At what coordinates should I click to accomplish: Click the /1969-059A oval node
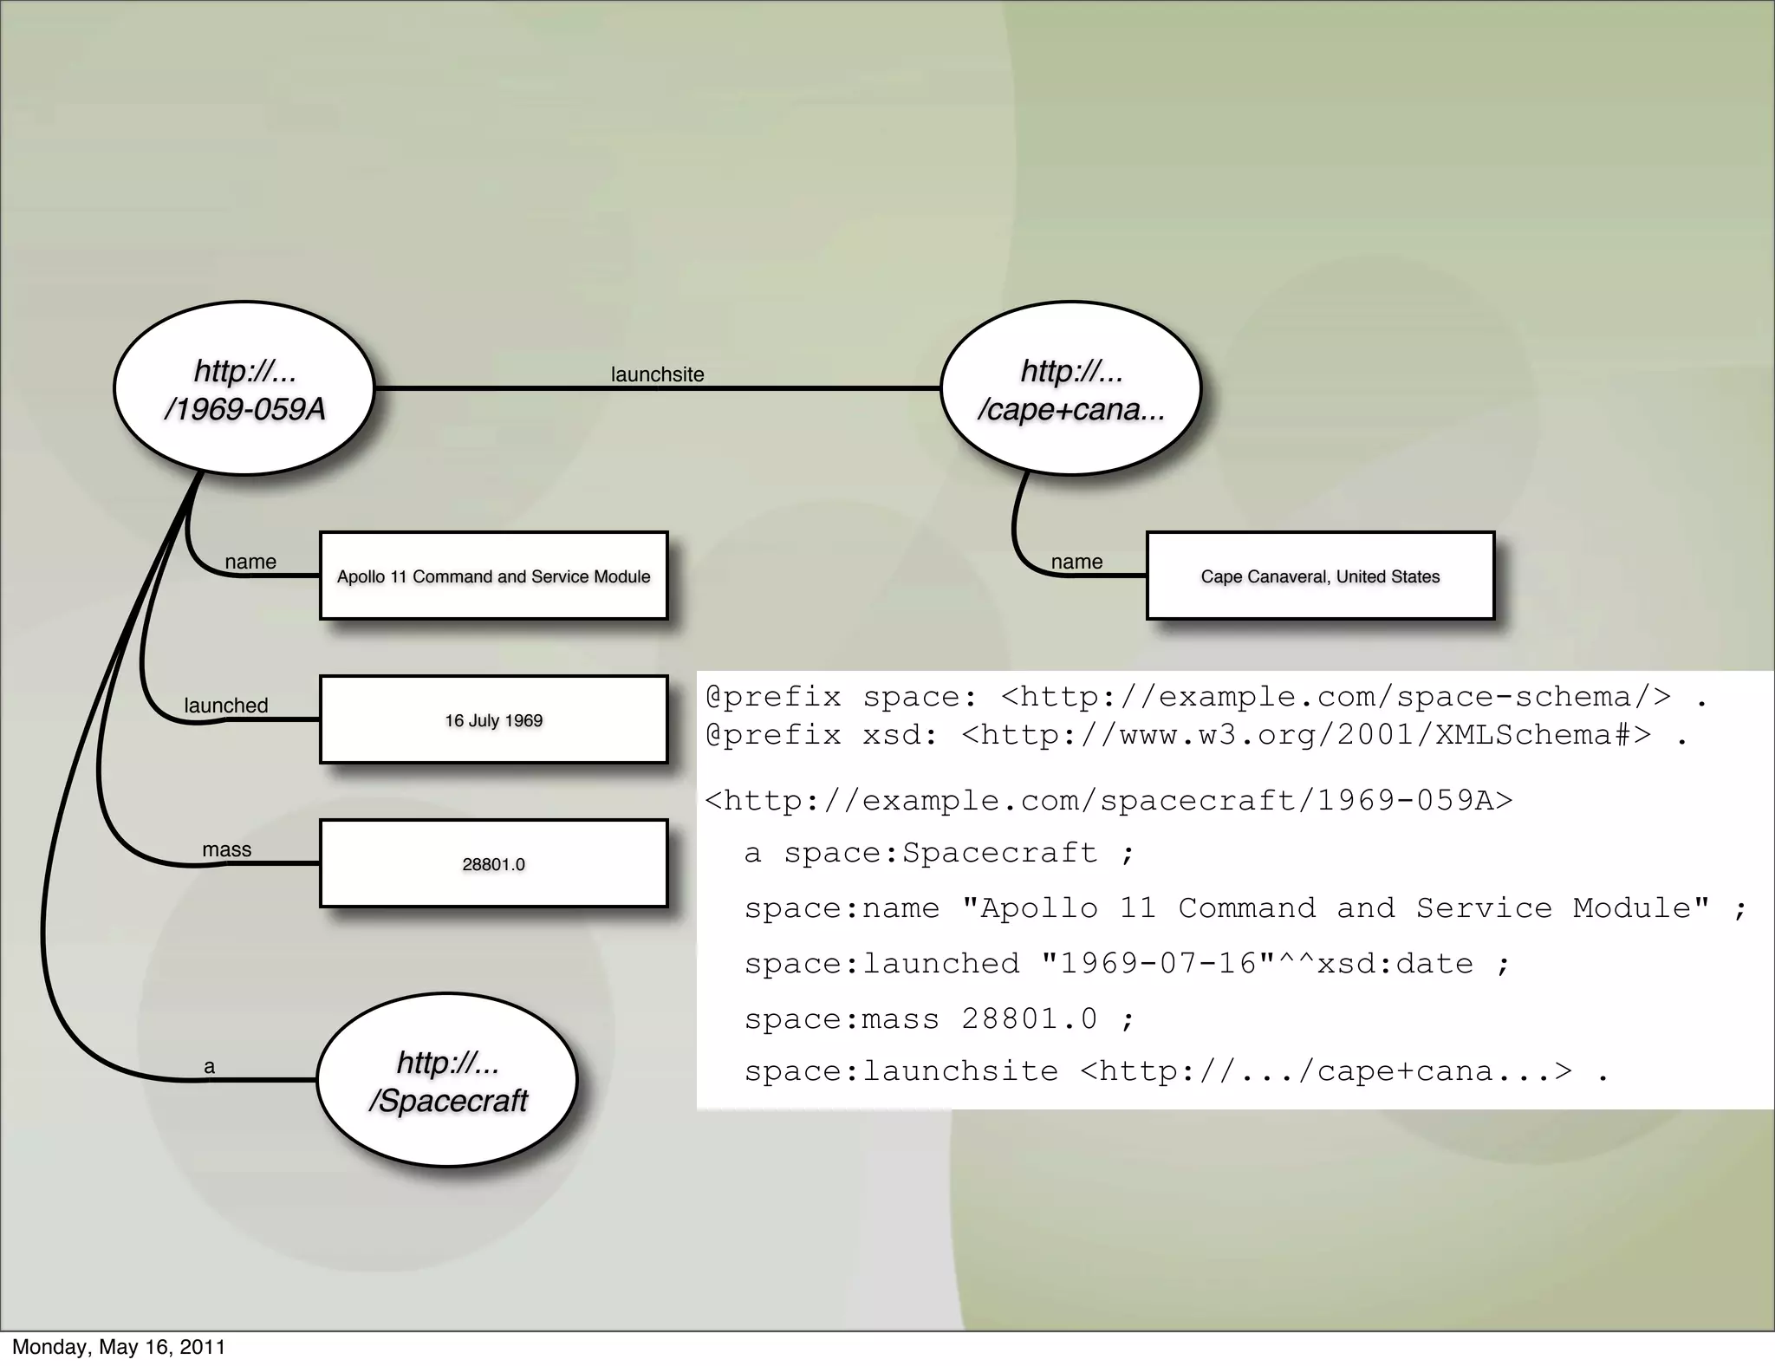click(244, 388)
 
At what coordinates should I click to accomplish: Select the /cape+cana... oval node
click(1070, 388)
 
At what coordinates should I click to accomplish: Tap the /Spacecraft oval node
click(447, 1080)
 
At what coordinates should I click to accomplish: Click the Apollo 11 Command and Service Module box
click(493, 576)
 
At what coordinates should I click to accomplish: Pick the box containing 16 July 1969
click(493, 720)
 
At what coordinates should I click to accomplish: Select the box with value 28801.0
click(493, 864)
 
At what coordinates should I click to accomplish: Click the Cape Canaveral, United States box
click(1320, 576)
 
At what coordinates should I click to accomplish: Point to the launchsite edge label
click(657, 374)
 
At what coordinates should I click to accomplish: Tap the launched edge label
click(226, 706)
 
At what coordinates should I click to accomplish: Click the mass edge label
click(226, 849)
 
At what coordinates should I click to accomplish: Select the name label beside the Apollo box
click(250, 562)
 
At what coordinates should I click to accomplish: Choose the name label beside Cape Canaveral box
click(1076, 562)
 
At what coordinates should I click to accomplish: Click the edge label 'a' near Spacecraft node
click(209, 1067)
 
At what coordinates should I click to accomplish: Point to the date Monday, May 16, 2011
click(119, 1347)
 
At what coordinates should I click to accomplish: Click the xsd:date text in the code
click(1395, 964)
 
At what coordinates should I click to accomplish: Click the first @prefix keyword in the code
click(773, 697)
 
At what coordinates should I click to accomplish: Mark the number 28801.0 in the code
click(1030, 1018)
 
